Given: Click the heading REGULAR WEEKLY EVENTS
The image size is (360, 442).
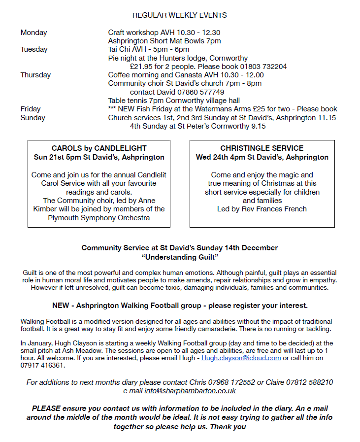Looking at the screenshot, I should click(x=180, y=16).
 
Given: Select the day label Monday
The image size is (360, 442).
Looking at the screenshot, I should click(x=34, y=33).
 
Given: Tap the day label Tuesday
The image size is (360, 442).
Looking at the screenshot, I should click(x=34, y=49).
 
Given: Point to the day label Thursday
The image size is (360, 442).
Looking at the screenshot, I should click(x=35, y=75).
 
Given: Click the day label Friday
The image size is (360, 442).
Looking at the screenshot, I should click(x=31, y=109).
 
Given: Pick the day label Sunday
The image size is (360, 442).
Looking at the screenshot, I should click(x=33, y=118).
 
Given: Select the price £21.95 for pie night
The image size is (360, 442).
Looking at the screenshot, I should click(x=141, y=66).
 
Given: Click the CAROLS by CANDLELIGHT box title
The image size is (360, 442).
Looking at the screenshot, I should click(x=99, y=148).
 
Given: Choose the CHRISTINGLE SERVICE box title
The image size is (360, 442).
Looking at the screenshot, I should click(x=262, y=148).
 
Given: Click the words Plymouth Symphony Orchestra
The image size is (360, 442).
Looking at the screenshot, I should click(x=99, y=218).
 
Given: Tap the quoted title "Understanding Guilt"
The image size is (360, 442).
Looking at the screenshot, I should click(x=180, y=257).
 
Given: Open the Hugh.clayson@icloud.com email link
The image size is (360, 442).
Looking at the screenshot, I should click(x=241, y=358).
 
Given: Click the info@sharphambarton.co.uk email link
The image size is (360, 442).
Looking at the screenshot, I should click(x=190, y=391).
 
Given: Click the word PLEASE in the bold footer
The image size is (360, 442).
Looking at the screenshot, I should click(x=46, y=408).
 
